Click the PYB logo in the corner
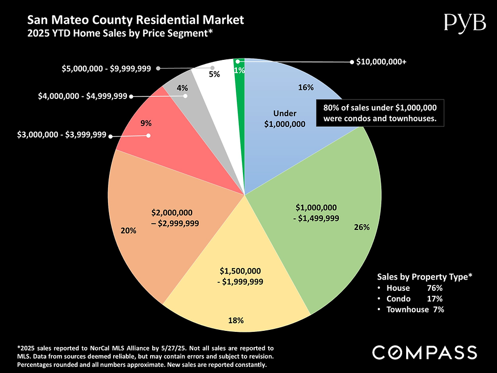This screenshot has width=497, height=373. point(465,22)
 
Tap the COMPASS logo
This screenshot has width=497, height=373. point(424,352)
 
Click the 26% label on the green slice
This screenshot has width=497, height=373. point(362,228)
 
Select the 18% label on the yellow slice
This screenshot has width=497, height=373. point(236,320)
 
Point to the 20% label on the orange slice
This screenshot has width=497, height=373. point(128,230)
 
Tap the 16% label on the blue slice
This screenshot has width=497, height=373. point(306,87)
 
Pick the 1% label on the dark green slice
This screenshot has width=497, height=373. point(239,71)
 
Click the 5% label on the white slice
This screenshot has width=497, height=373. point(215,74)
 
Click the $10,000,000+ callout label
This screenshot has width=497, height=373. point(381,62)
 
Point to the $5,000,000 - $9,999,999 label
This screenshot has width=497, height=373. point(106,68)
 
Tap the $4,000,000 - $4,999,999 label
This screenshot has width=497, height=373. point(83,95)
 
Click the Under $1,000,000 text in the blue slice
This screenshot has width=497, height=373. point(285,118)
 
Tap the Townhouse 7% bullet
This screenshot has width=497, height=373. point(415,309)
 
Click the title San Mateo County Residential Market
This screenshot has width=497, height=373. point(135,20)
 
